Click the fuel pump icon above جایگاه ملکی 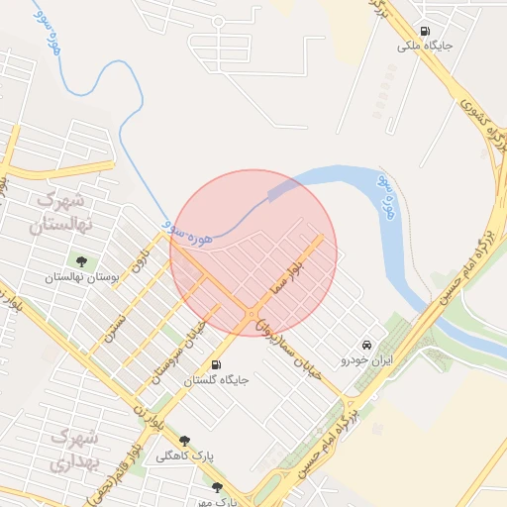pos(425,31)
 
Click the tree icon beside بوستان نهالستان pos(81,262)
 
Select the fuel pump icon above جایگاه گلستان pos(217,363)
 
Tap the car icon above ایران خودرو pos(367,344)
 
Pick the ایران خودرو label pos(365,359)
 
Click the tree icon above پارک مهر pos(218,487)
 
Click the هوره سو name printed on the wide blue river pos(390,196)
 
